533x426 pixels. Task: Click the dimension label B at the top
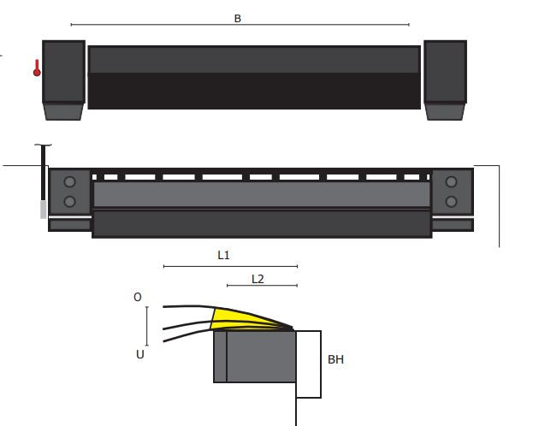(x=237, y=18)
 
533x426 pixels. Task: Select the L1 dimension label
(x=223, y=255)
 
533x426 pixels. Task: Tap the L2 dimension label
(x=258, y=279)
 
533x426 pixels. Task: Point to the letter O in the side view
(x=137, y=298)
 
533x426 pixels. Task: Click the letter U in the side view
(x=139, y=354)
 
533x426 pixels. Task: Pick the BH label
(x=335, y=360)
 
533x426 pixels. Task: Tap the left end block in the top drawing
(x=63, y=71)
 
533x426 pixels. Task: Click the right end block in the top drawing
(x=445, y=71)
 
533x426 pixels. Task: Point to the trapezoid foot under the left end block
(x=63, y=111)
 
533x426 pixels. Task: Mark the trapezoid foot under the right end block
(x=445, y=111)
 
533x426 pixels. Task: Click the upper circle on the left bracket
(x=69, y=181)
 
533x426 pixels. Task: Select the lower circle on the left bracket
(x=69, y=202)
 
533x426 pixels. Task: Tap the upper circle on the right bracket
(x=451, y=181)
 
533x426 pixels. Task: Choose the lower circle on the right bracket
(x=451, y=202)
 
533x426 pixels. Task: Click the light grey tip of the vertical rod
(x=43, y=210)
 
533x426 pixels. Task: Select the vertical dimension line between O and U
(x=147, y=325)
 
